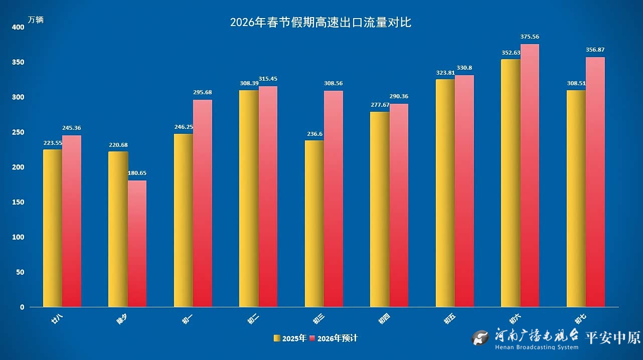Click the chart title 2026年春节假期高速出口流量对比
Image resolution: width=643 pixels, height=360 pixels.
click(320, 23)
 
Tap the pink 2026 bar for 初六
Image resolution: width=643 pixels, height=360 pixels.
click(530, 175)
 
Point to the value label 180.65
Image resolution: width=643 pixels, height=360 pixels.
click(136, 173)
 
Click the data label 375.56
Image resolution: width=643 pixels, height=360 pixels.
click(529, 37)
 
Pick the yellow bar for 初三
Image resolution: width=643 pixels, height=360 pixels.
click(314, 223)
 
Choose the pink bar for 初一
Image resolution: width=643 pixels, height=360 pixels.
click(203, 203)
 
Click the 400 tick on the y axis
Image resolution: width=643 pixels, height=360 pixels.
click(18, 27)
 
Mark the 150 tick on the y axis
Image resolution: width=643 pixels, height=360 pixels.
click(18, 202)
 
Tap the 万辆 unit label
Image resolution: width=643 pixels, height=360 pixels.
click(36, 20)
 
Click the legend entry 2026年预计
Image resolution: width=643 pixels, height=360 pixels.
click(334, 338)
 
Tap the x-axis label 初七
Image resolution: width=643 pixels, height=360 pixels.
click(581, 319)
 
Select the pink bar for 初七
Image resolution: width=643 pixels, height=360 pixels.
click(595, 182)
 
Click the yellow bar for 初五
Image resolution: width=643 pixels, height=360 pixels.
click(445, 193)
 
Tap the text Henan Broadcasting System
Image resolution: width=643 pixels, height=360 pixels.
click(536, 347)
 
